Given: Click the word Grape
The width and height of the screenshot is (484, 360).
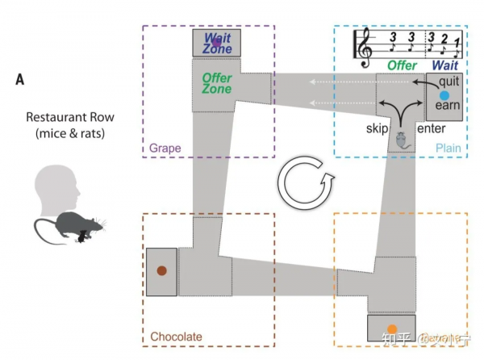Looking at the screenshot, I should [x=165, y=149].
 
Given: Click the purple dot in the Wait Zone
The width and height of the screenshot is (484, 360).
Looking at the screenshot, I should [x=215, y=42].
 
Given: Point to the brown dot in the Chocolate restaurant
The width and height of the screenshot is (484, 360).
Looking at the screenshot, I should [x=161, y=271].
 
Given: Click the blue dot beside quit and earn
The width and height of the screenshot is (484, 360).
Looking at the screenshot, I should [x=443, y=95].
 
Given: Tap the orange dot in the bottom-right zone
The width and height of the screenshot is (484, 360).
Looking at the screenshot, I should [x=392, y=329].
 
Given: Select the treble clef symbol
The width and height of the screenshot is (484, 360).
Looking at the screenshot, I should [x=365, y=46].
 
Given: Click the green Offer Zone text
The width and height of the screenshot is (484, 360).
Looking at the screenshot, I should [x=216, y=83].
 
